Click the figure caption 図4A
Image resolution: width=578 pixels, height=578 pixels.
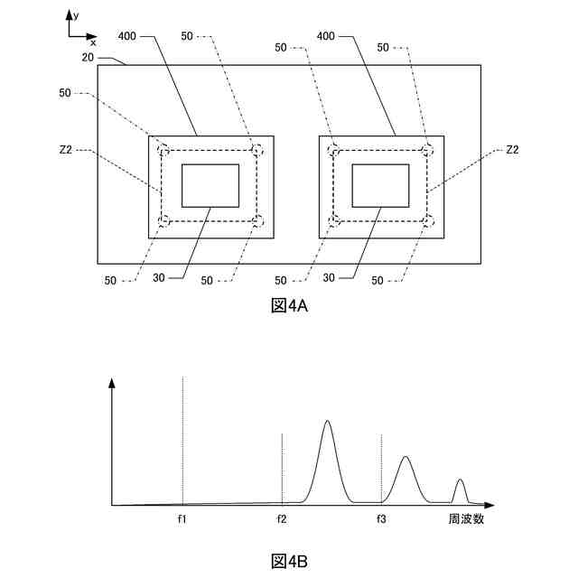289,305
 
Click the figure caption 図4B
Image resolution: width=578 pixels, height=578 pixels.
289,561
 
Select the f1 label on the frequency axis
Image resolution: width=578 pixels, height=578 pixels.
182,519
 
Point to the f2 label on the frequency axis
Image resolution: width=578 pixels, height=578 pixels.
282,519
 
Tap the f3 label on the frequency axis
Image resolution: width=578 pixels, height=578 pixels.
381,519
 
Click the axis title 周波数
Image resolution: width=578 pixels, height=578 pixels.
466,519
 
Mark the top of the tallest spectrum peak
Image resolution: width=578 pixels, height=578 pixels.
327,421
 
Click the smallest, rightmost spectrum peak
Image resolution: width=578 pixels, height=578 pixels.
461,480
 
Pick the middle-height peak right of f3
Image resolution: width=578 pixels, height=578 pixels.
406,458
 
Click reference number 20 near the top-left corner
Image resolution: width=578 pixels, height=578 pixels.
88,57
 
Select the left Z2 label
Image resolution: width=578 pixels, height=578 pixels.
66,150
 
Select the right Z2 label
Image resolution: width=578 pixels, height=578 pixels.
512,150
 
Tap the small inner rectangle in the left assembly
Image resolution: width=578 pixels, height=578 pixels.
210,186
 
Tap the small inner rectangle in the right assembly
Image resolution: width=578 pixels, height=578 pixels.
380,186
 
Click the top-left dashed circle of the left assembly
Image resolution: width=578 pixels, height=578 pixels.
163,150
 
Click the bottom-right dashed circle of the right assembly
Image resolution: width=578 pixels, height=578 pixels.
428,220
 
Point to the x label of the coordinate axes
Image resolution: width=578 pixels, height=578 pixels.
92,42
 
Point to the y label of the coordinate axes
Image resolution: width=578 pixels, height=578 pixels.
78,15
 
